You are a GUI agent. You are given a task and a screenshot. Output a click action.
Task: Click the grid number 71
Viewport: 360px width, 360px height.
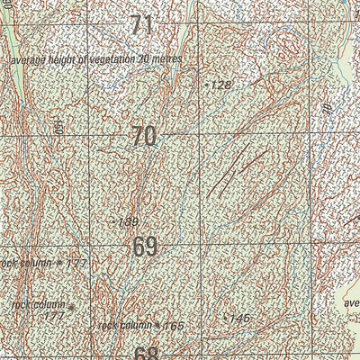click(x=141, y=25)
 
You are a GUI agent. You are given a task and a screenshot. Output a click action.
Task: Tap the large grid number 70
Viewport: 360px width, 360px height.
click(x=143, y=137)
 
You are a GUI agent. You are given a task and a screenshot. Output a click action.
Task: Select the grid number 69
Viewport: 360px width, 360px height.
click(x=145, y=246)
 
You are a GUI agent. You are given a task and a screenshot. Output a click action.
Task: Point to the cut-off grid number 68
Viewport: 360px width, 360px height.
click(x=146, y=353)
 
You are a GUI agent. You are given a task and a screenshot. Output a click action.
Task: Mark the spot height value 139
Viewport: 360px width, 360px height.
click(x=128, y=221)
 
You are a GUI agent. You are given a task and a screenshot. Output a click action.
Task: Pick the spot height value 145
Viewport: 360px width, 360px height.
click(x=238, y=319)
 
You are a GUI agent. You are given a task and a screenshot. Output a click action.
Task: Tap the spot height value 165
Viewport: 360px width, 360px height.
click(x=174, y=325)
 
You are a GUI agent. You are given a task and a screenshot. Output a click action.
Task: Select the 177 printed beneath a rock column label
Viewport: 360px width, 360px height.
click(x=54, y=316)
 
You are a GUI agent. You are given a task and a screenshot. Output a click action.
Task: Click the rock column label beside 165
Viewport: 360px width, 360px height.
click(x=125, y=325)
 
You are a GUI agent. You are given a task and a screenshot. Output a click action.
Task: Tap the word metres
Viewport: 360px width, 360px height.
click(x=168, y=58)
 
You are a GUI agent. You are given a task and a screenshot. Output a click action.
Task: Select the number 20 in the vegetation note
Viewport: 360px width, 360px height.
click(x=144, y=58)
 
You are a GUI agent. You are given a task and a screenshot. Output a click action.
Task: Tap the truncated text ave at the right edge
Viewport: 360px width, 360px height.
click(x=351, y=303)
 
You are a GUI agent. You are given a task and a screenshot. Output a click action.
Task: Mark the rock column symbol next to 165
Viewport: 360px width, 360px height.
click(x=157, y=325)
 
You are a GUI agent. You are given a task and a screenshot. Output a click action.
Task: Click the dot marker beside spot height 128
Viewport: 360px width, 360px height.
click(x=207, y=85)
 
